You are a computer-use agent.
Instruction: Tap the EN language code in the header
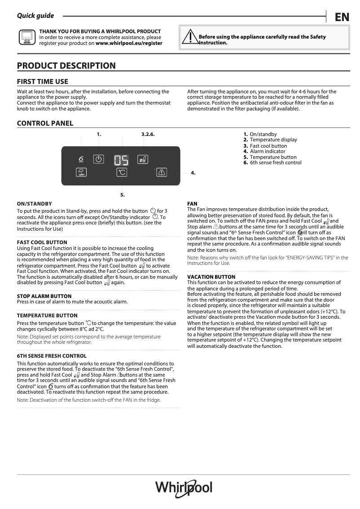coord(342,17)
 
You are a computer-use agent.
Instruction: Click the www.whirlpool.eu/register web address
coord(129,44)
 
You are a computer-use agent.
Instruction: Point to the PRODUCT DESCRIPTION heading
coord(66,66)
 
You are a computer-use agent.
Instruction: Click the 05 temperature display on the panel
coord(121,160)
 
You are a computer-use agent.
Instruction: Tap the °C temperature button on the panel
coord(121,172)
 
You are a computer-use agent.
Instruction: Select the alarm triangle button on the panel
coord(162,172)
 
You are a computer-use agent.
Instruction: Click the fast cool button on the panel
coord(143,159)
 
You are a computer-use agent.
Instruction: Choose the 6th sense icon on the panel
coord(81,160)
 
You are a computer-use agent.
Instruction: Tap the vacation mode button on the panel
coord(81,172)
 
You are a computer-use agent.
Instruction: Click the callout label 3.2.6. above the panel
coord(148,134)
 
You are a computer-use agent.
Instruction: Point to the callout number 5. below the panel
coord(122,195)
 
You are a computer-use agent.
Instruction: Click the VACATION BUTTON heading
coord(211,277)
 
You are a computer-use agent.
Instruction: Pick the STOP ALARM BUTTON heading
coord(44,296)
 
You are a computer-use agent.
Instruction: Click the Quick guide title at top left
coord(35,16)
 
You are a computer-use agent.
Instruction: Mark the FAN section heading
coord(192,204)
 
